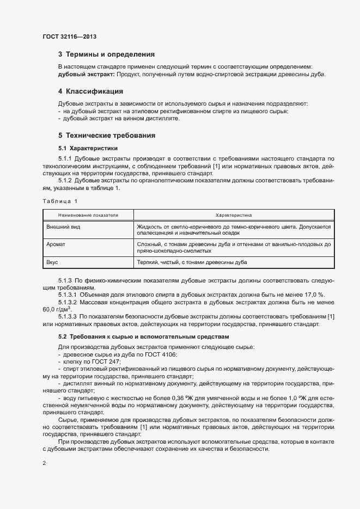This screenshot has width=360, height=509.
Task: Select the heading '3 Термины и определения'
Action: [x=106, y=54]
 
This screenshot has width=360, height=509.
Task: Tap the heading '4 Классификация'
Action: [x=90, y=91]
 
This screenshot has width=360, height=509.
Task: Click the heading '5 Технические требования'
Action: [x=107, y=134]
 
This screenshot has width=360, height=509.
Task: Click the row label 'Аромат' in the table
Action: [x=56, y=244]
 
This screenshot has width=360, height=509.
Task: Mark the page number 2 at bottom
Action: [x=44, y=463]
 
